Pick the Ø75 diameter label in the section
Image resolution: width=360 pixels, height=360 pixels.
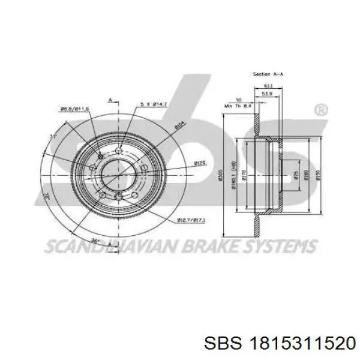(x=295, y=175)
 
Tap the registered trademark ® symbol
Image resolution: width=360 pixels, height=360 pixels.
(x=321, y=110)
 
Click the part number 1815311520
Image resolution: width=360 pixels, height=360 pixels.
(x=299, y=341)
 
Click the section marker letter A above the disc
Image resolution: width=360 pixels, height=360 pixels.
(x=110, y=99)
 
